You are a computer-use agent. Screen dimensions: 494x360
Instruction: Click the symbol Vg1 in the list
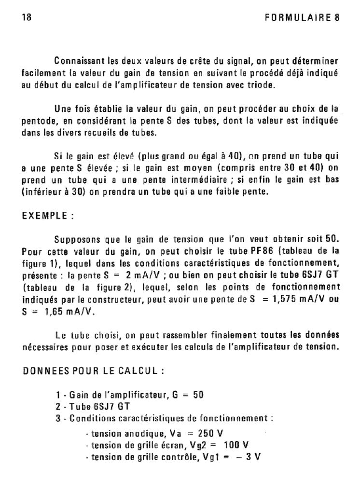[197, 456]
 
